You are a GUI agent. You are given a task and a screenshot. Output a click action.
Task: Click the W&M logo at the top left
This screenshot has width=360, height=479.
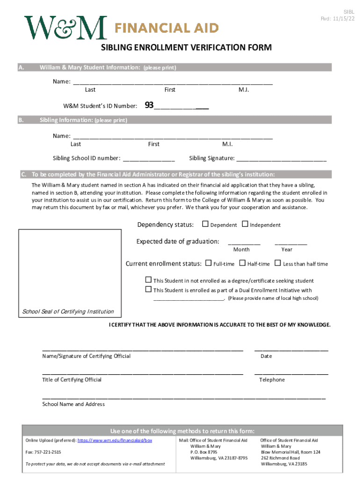tap(65, 28)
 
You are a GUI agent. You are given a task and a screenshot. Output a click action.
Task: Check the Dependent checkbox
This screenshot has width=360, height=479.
tap(205, 224)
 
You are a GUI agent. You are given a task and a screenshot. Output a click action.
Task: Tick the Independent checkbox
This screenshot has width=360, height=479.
tap(245, 224)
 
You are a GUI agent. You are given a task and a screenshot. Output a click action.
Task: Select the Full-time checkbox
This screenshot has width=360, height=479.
tap(209, 263)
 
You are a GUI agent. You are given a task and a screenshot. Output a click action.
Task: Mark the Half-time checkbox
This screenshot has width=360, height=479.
tap(242, 263)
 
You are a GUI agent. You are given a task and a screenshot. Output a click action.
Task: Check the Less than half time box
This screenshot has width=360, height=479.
tap(278, 263)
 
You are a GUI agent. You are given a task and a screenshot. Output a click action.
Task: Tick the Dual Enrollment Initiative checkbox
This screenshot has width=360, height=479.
tap(149, 290)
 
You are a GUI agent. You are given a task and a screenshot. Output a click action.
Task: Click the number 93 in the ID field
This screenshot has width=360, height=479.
tap(149, 105)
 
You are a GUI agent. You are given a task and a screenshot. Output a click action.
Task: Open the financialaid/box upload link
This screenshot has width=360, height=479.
tap(115, 441)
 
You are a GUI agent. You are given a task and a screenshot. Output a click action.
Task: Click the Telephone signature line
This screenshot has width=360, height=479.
tap(291, 373)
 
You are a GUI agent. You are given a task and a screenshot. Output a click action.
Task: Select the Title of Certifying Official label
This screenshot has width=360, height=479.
tap(72, 380)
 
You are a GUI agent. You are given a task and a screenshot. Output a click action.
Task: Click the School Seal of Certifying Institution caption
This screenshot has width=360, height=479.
tap(68, 312)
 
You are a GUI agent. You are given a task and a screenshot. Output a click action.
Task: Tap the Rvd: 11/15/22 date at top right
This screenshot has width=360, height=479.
tap(337, 19)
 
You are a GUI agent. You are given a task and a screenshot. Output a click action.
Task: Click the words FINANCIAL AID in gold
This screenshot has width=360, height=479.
tap(166, 29)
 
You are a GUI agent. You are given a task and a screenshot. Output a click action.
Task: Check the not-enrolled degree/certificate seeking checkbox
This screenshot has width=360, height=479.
tap(149, 280)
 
